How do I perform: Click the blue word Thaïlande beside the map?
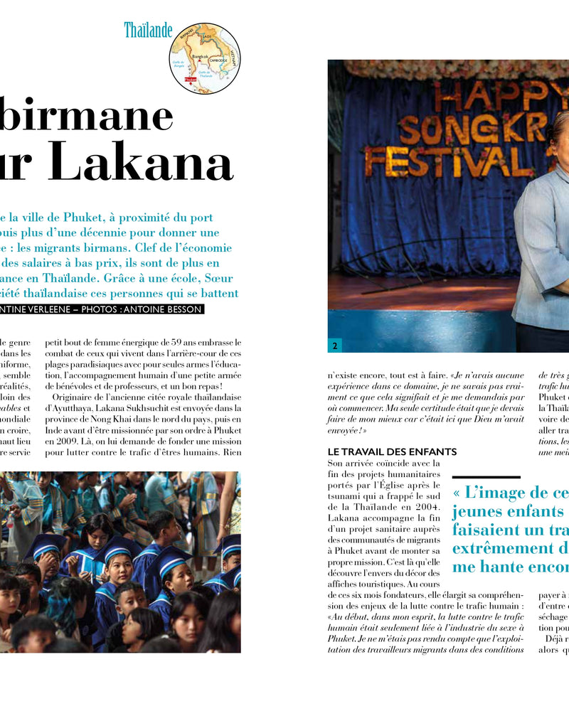[148, 30]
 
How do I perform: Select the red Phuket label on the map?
[189, 80]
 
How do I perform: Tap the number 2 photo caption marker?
[334, 346]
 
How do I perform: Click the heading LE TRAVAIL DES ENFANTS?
[392, 451]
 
